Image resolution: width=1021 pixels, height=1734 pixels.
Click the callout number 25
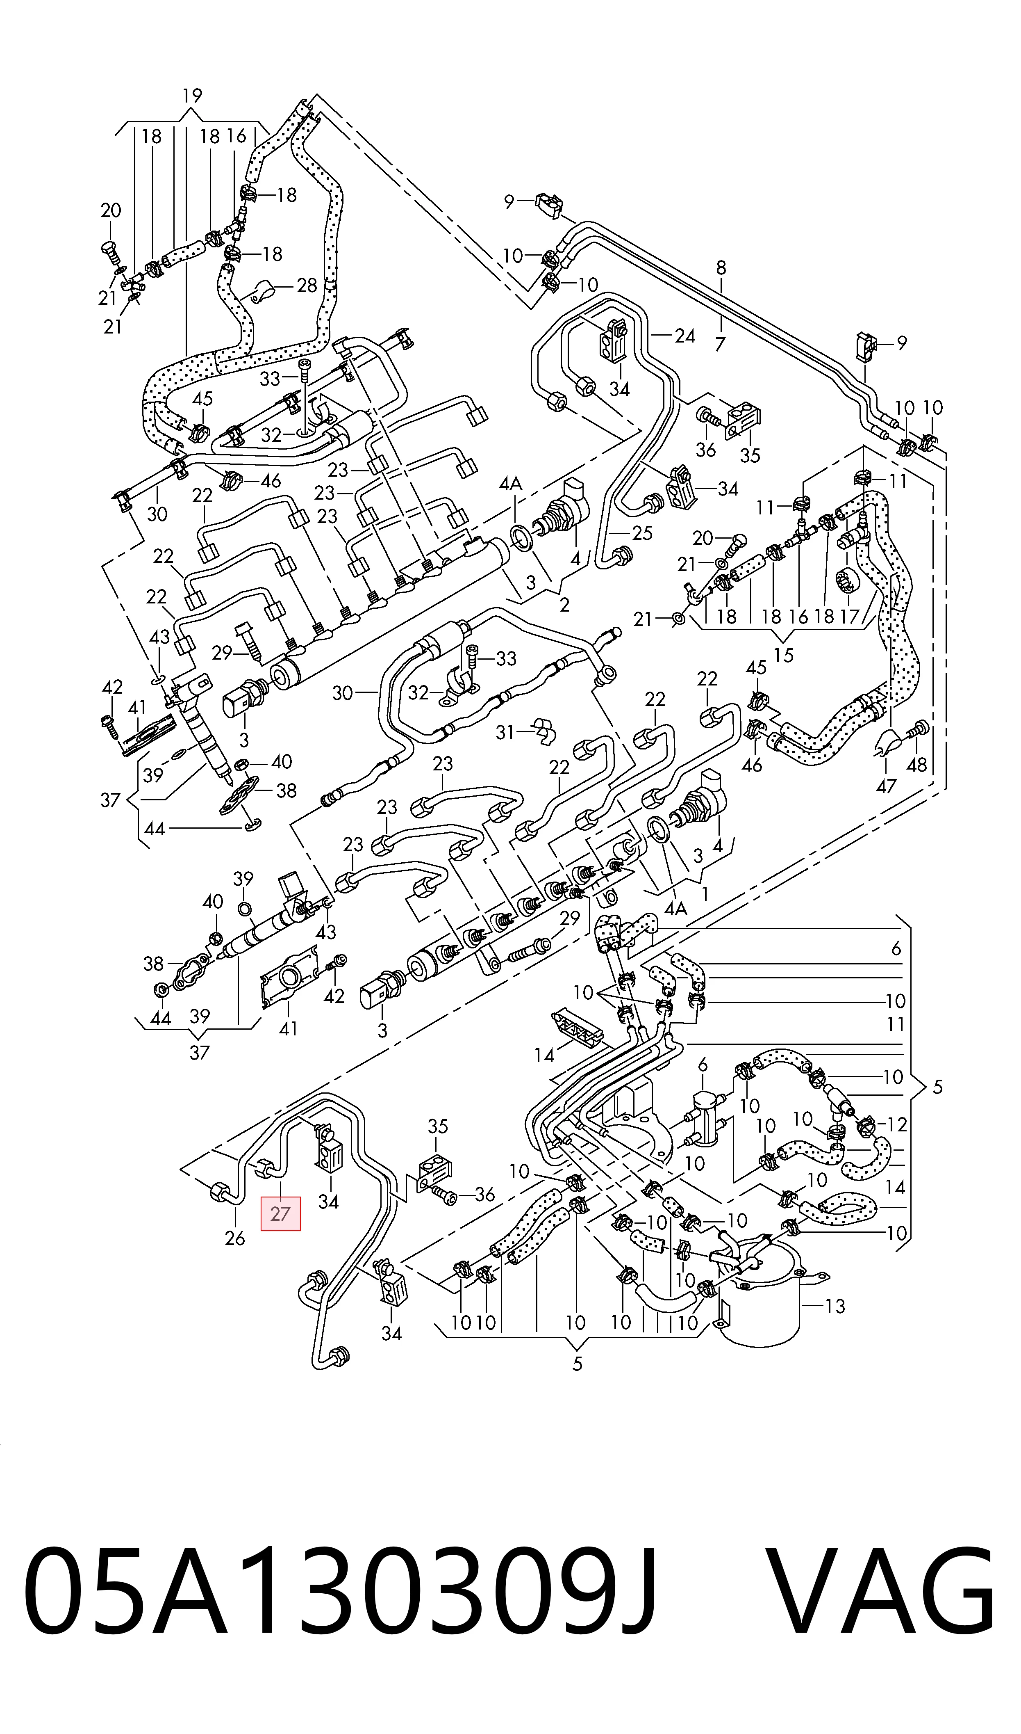click(642, 533)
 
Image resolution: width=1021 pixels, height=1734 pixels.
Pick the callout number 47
click(886, 786)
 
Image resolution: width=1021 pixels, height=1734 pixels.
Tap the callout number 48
click(917, 764)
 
